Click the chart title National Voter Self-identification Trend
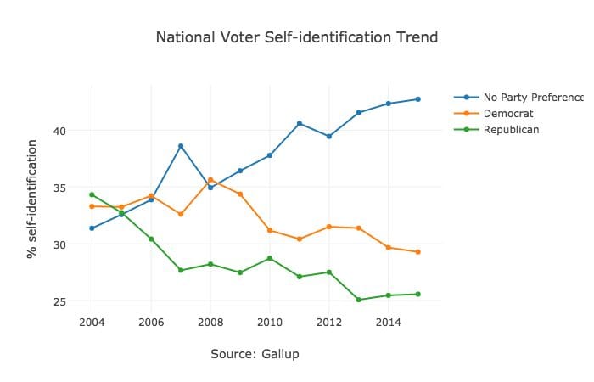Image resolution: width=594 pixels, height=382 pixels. coord(297,38)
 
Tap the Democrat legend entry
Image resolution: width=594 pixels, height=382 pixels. coord(508,113)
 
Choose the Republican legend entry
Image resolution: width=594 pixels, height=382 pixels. coord(511,129)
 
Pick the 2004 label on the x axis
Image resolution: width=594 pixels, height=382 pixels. coord(92,323)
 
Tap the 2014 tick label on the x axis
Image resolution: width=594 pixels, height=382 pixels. coord(388,323)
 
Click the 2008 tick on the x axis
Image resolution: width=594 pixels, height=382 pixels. coord(210,323)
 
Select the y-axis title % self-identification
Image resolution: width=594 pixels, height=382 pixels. coord(32,198)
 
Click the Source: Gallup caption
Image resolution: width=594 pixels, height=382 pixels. coord(255,353)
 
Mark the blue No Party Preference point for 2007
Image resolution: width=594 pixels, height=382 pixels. coord(181,146)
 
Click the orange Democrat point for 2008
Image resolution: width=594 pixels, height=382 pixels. coord(210,180)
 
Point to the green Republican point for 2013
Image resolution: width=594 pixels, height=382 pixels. coord(359,300)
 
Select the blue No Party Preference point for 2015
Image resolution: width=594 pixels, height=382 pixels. coord(417,99)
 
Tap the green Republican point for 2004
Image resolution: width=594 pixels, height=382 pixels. coord(92,194)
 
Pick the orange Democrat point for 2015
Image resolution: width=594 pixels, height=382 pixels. coord(417,252)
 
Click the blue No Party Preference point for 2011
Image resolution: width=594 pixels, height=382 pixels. coord(300,124)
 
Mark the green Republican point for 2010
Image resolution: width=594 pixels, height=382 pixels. coord(270,258)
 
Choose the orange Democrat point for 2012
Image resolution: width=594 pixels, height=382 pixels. coord(329,227)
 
